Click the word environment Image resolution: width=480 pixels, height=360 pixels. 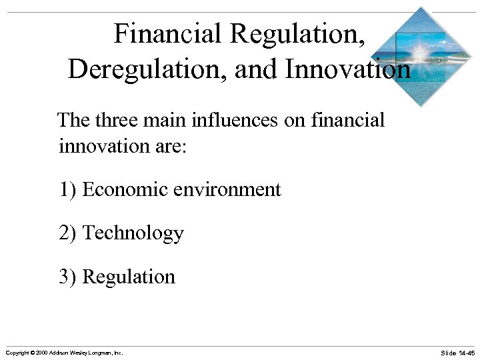[x=227, y=190]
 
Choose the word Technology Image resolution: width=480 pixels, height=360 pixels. [x=133, y=233]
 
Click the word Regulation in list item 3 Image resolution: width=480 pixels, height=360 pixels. [x=129, y=277]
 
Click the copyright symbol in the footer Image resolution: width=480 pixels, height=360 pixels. [x=33, y=352]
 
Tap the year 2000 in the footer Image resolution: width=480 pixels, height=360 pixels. [x=43, y=352]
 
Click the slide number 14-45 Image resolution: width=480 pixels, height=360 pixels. [x=465, y=352]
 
